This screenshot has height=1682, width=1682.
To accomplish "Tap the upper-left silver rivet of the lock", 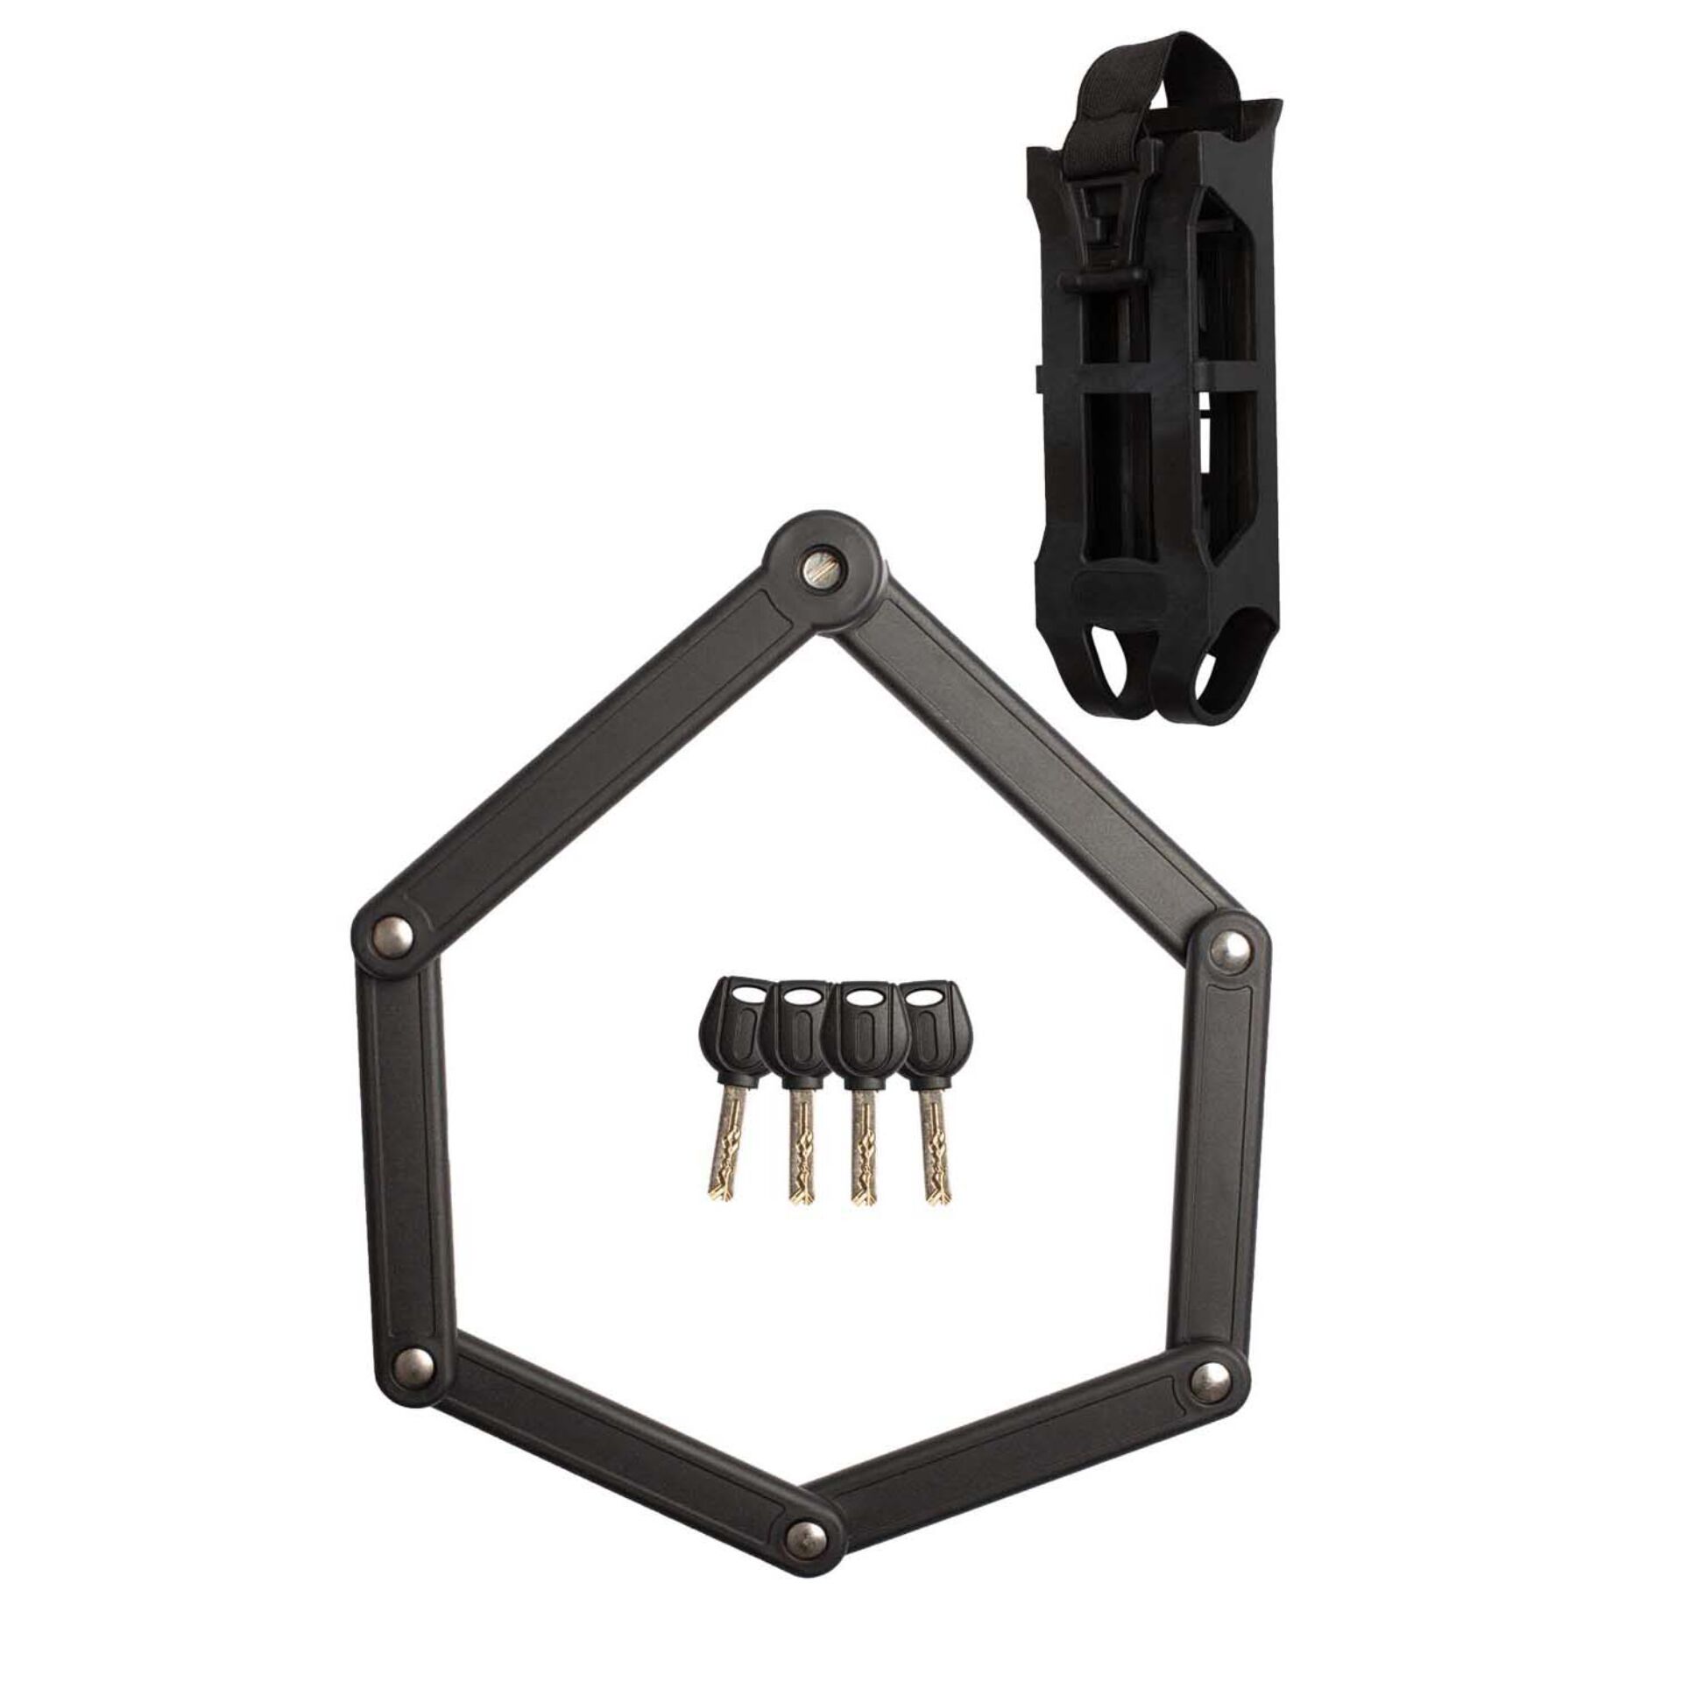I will pos(392,930).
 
